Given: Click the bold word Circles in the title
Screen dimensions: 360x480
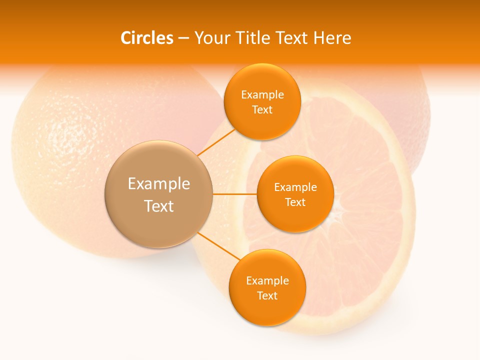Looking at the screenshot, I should (146, 38).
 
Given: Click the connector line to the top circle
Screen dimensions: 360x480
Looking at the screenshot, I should (216, 142).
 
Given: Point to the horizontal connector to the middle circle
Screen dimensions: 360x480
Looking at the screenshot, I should (234, 194).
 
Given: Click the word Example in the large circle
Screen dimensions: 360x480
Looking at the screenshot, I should (159, 184).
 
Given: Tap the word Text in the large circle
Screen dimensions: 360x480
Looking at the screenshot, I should (159, 206).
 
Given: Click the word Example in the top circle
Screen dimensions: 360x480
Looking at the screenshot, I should (262, 94).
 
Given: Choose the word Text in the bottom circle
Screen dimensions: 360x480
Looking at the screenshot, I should (267, 295).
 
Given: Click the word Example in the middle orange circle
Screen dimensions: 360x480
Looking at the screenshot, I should (295, 187).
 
